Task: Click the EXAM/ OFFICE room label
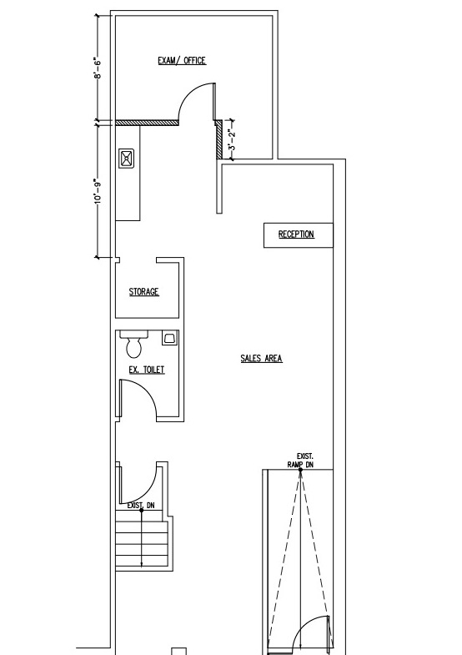pos(182,61)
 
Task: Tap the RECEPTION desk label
pos(296,234)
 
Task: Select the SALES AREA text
pos(261,359)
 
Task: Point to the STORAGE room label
pos(144,291)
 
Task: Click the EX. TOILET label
pos(147,370)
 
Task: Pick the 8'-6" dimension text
pos(98,68)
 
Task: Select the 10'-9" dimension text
pos(98,192)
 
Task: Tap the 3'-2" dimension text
pos(232,139)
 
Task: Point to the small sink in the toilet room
pos(169,338)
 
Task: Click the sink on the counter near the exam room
pos(127,159)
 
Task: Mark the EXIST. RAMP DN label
pos(302,461)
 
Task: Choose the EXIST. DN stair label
pos(141,506)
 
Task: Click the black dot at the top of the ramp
pos(300,470)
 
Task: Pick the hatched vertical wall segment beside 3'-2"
pos(218,139)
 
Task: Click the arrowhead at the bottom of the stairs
pos(142,564)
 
